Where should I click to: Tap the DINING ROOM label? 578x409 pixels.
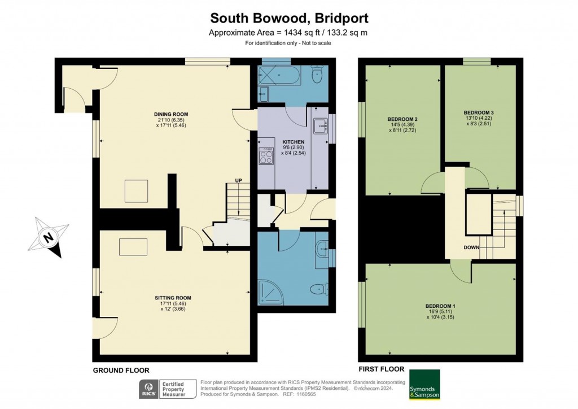click(171, 114)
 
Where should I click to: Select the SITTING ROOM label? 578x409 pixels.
click(173, 298)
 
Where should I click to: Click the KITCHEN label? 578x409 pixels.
click(294, 142)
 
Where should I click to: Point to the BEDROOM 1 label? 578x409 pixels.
click(440, 306)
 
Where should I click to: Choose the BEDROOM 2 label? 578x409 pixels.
click(402, 120)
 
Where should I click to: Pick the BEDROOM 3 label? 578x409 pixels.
click(479, 112)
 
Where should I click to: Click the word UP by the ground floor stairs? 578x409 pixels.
click(239, 180)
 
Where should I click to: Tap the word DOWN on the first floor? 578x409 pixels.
click(471, 247)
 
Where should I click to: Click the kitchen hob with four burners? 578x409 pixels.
click(266, 156)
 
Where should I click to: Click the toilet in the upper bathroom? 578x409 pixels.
click(317, 75)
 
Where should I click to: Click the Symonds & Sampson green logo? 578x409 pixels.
click(424, 384)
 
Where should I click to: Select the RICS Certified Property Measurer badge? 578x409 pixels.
click(168, 389)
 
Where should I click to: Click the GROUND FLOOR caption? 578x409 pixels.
click(121, 371)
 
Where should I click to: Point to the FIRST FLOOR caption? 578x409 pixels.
click(382, 369)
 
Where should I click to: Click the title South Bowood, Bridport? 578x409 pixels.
click(289, 18)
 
